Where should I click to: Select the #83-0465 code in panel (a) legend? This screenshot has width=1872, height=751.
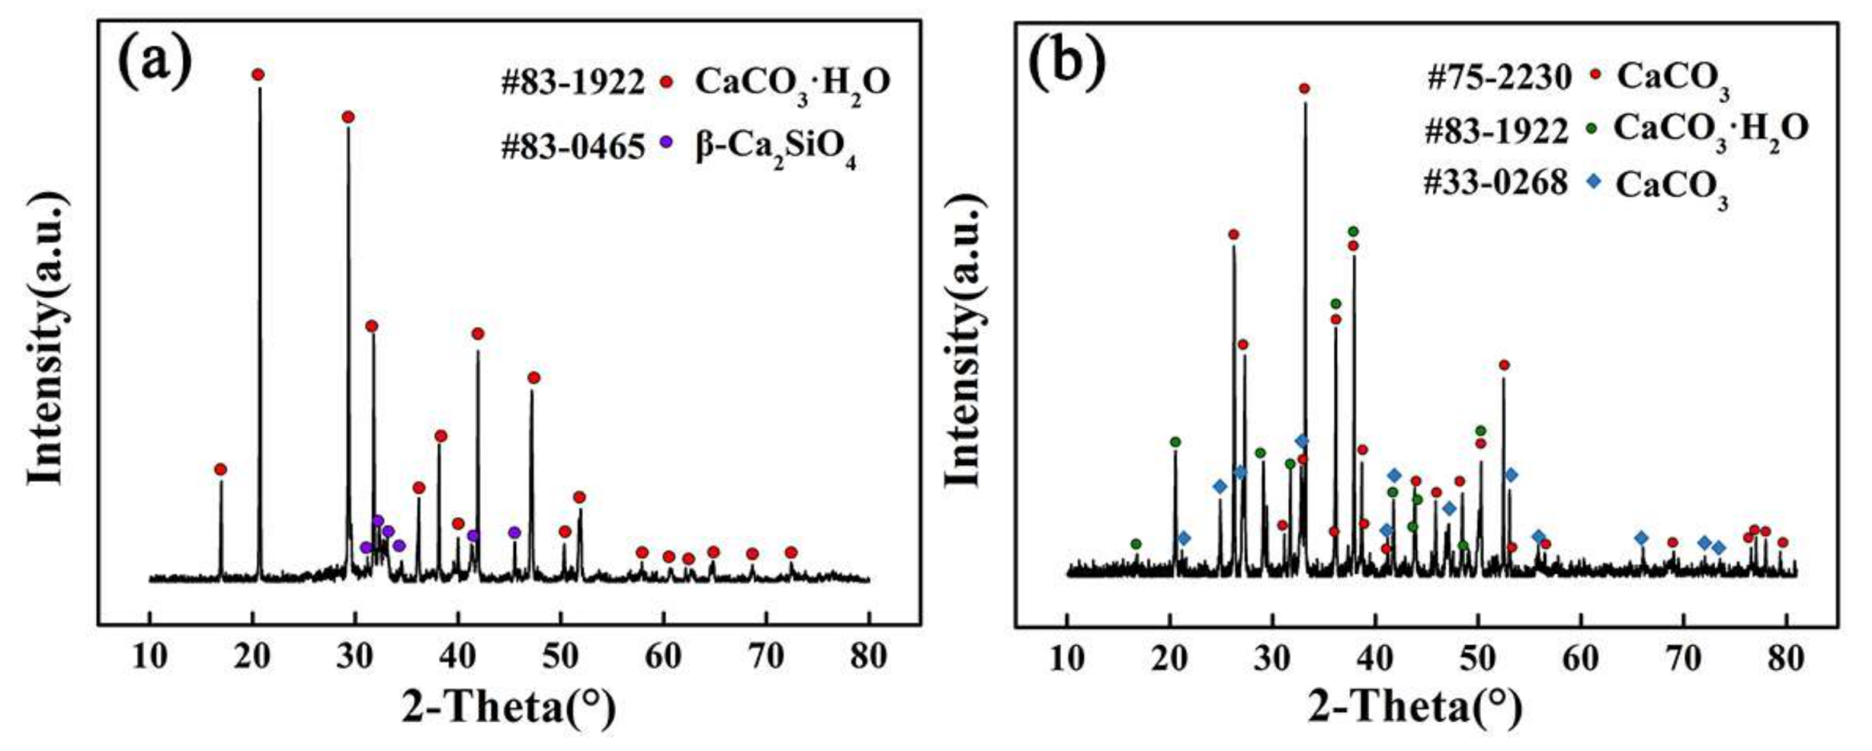[573, 147]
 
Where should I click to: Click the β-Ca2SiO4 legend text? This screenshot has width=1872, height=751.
[775, 149]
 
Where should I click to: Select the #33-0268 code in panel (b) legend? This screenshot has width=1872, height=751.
[1496, 183]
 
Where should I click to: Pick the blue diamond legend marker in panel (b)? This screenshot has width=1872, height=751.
[1593, 182]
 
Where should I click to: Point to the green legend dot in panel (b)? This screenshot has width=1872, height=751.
[1591, 128]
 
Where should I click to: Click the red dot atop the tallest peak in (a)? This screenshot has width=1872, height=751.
[258, 74]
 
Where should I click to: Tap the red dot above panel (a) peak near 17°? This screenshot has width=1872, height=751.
[220, 469]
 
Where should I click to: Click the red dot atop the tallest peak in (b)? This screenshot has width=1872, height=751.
[1304, 88]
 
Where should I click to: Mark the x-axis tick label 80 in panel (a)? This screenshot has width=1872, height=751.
[868, 657]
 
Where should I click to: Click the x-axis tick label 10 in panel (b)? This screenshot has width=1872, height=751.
[1067, 658]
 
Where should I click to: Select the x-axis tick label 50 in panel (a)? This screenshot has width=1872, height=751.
[560, 657]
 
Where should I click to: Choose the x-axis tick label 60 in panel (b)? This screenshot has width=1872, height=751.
[1580, 658]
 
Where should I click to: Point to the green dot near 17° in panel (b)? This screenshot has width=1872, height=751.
[1135, 544]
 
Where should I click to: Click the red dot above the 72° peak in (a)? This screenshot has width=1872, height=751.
[791, 552]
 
